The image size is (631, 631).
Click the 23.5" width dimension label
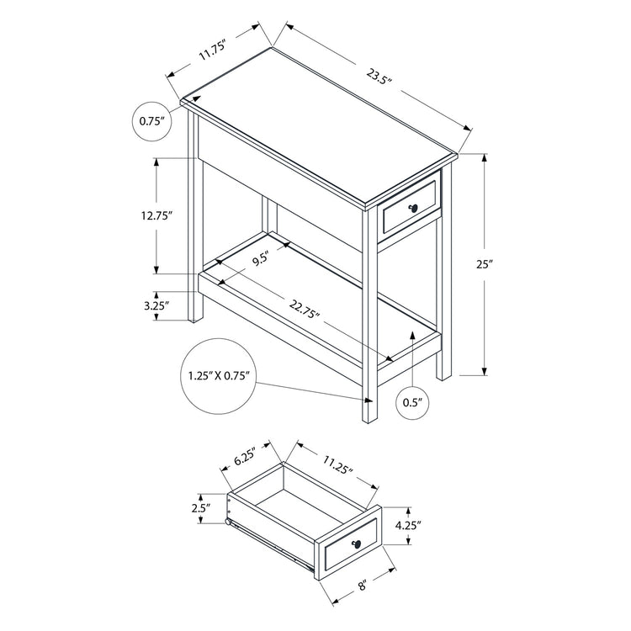coord(380,82)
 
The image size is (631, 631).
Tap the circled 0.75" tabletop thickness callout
coord(151,121)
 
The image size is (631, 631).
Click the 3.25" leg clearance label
coord(156,306)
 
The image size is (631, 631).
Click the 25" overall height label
coord(483,264)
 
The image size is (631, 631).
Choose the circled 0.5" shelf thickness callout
coord(411,402)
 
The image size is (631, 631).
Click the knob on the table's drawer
coord(415,209)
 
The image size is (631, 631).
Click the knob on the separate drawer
coord(357,543)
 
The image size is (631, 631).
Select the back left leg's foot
coord(196,319)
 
